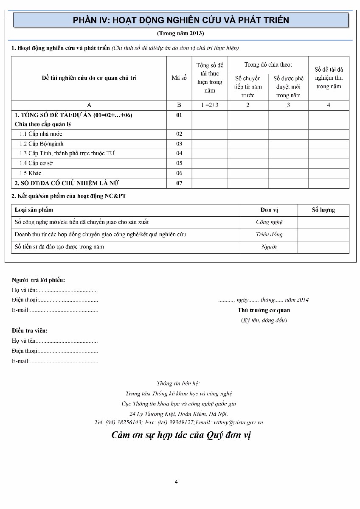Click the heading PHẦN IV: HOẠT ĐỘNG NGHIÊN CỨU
coord(181,20)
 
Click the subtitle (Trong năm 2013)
coord(180,33)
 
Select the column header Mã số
coord(179,78)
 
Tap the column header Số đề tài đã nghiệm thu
coord(329,78)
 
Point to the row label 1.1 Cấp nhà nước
coord(41,134)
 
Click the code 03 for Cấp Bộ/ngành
coord(179,144)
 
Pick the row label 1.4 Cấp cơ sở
coord(36,163)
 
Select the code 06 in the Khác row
coord(179,173)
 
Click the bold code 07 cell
coord(179,183)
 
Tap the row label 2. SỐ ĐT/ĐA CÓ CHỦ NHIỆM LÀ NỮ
coord(67,183)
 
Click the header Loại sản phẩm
coord(34,210)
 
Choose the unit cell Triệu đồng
coord(269,235)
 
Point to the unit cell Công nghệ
coord(269,222)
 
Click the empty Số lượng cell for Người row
coord(323,247)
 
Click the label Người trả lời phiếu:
coord(38,280)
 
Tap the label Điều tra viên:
coord(30,330)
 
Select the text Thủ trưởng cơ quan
coord(264,310)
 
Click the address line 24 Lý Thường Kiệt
coord(178,414)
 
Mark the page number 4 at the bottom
coord(176,481)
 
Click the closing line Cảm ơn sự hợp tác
coord(181,435)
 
